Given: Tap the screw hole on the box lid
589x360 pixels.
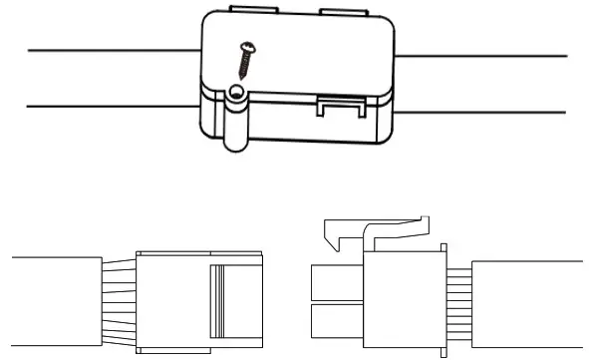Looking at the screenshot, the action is (235, 92).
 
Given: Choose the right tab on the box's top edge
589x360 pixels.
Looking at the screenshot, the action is (341, 12).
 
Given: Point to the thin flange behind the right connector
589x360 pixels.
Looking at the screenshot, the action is (441, 300).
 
